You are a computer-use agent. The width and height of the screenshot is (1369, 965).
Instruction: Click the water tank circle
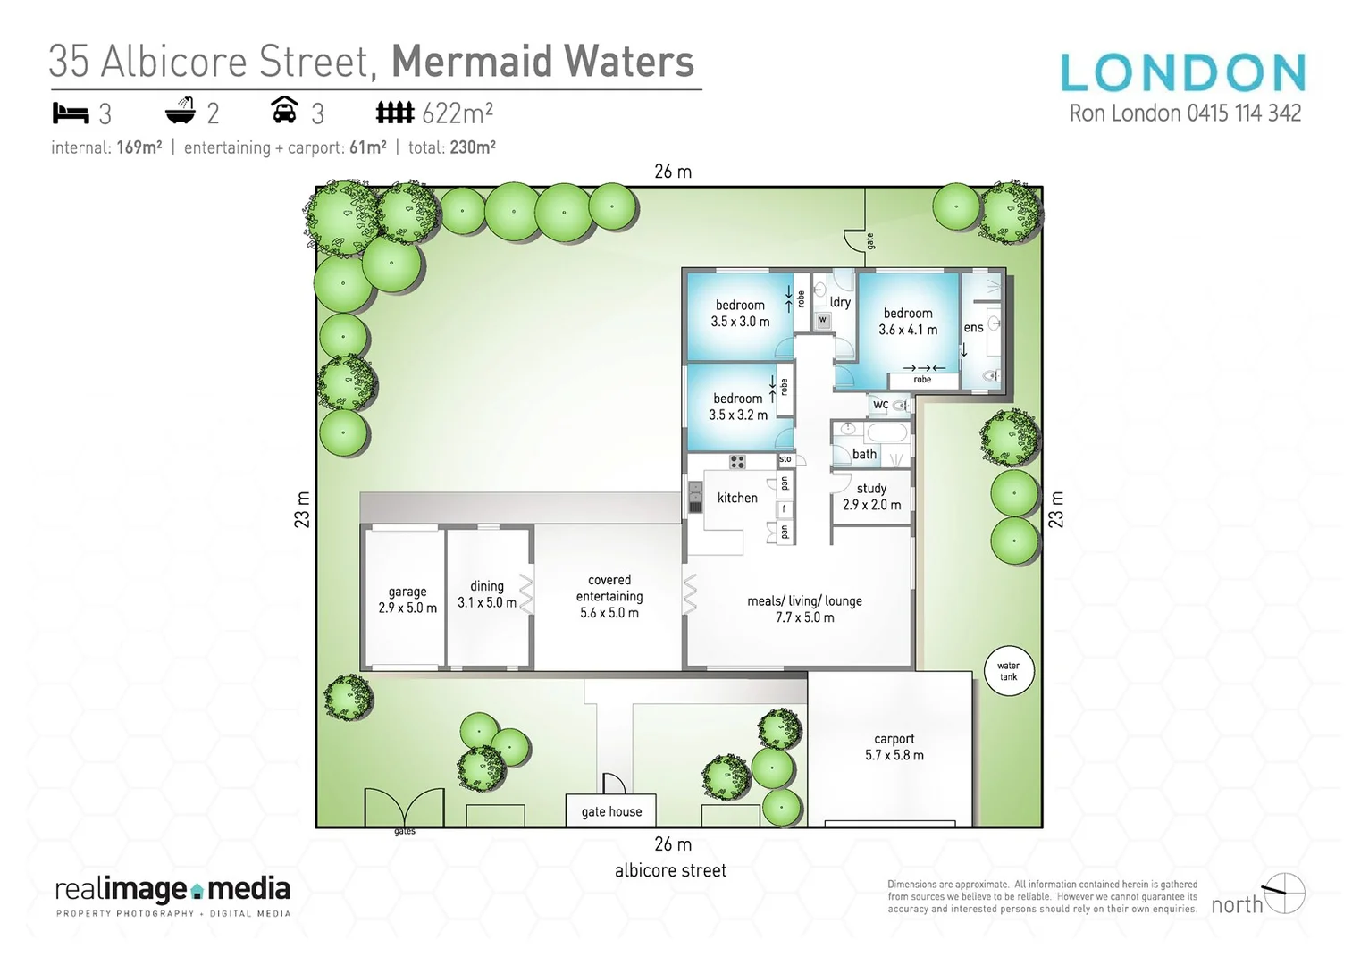(1008, 671)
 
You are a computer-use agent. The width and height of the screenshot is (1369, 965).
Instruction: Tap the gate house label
(611, 811)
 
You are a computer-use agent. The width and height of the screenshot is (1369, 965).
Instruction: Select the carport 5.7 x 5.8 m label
(894, 747)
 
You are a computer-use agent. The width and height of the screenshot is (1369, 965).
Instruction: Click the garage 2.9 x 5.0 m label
(407, 600)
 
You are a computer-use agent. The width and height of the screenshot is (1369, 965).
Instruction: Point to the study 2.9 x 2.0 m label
(871, 497)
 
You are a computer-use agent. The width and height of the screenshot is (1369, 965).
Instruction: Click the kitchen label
(737, 498)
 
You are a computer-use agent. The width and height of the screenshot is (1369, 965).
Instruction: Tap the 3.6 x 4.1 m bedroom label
(908, 322)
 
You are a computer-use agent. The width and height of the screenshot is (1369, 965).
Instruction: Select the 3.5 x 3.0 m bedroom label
(740, 313)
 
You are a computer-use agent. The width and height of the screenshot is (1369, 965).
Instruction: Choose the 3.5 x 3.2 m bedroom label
(738, 407)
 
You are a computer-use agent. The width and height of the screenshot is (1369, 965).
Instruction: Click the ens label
(973, 328)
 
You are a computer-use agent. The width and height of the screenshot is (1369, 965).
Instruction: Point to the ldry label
(840, 302)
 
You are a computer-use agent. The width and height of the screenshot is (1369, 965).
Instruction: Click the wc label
(881, 405)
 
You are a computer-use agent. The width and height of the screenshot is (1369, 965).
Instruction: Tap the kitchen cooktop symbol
(737, 462)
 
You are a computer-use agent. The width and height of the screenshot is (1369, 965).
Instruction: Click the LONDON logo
(1183, 72)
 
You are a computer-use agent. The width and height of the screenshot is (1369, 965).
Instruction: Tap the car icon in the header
(284, 111)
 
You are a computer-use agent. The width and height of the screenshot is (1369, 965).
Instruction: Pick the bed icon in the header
(71, 113)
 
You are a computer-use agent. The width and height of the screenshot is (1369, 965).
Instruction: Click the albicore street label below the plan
(670, 870)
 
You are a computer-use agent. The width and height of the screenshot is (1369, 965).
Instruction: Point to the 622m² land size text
(458, 113)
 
